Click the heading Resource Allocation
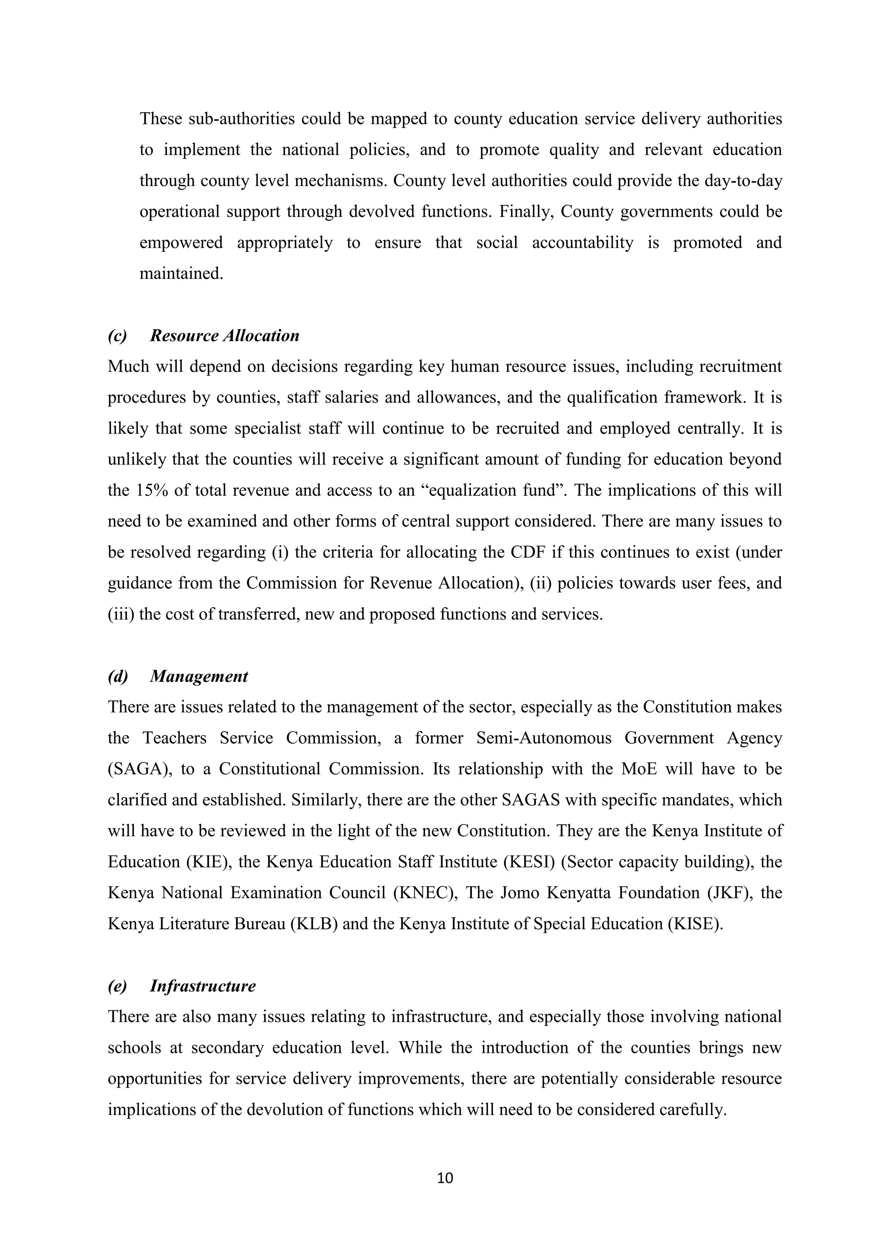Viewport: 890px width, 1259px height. pyautogui.click(x=225, y=336)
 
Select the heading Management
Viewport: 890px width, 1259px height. pyautogui.click(x=199, y=676)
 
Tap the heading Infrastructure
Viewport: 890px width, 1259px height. pyautogui.click(x=203, y=986)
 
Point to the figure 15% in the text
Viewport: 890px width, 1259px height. pyautogui.click(x=149, y=490)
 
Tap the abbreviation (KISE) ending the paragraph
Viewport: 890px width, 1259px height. pyautogui.click(x=695, y=924)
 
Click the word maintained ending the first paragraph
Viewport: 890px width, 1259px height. pyautogui.click(x=181, y=274)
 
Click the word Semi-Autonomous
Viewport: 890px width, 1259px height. pyautogui.click(x=544, y=738)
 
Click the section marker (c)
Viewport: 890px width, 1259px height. pyautogui.click(x=117, y=336)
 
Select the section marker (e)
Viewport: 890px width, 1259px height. pyautogui.click(x=117, y=986)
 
